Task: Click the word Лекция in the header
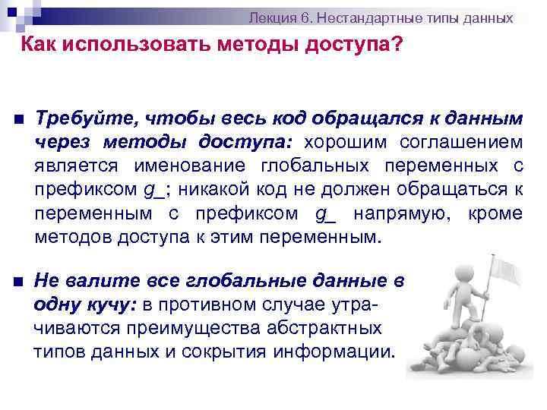pyautogui.click(x=273, y=17)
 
